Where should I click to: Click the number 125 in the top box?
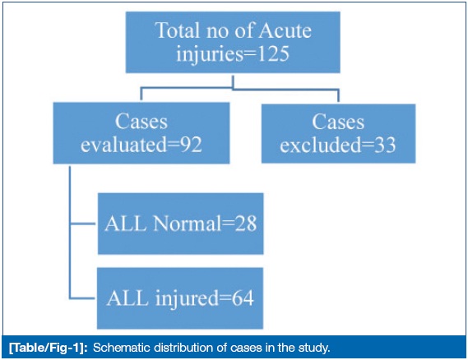273,53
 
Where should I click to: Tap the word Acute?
285,30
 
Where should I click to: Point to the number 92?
191,145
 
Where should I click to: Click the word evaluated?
123,145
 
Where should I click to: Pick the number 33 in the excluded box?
385,145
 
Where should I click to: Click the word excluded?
320,145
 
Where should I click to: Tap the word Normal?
187,224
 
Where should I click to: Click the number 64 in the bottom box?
243,298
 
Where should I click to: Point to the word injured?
188,298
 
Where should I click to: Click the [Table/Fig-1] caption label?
48,348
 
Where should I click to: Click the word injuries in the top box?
210,54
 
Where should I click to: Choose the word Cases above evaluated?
141,122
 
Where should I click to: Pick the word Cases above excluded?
338,122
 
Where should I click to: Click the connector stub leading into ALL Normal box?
83,223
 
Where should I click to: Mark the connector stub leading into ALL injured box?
82,298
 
